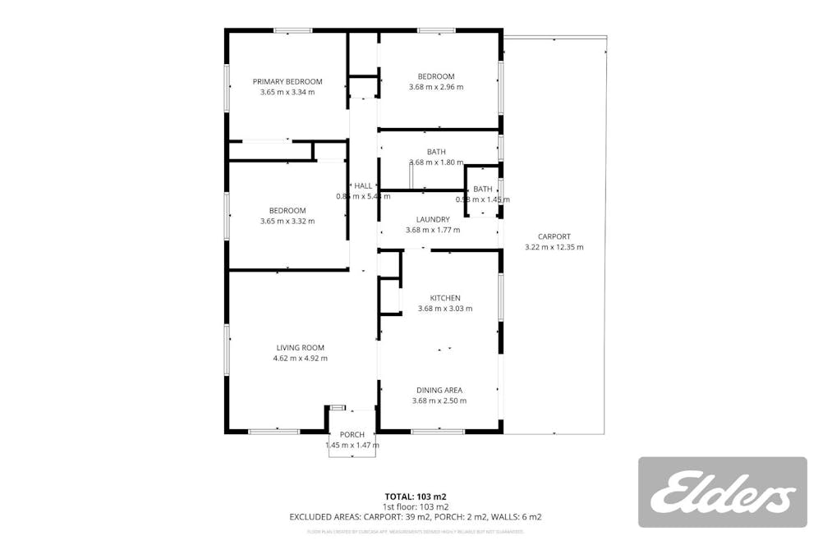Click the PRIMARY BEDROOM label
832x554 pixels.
tap(287, 81)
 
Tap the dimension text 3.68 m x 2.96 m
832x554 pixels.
tap(436, 87)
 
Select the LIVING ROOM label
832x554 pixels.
tap(300, 347)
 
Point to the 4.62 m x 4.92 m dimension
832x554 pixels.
tap(300, 358)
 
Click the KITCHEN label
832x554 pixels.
tap(445, 298)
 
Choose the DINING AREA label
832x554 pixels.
tap(439, 390)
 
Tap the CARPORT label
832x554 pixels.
tap(554, 236)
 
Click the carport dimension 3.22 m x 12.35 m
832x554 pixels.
tap(554, 247)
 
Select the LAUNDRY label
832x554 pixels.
tap(433, 219)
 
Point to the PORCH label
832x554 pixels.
tap(352, 434)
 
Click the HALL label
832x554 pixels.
tap(362, 185)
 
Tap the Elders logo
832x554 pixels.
tap(723, 492)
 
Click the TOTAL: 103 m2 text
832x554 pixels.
tap(416, 497)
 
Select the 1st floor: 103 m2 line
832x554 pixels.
tap(416, 506)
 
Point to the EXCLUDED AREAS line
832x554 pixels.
tap(416, 517)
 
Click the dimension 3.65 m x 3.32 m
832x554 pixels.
tap(287, 221)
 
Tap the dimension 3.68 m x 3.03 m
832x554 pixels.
tap(445, 309)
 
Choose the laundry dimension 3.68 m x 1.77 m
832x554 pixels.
tap(433, 230)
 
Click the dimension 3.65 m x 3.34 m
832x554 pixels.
tap(287, 92)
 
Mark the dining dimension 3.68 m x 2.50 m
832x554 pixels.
tap(439, 401)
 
